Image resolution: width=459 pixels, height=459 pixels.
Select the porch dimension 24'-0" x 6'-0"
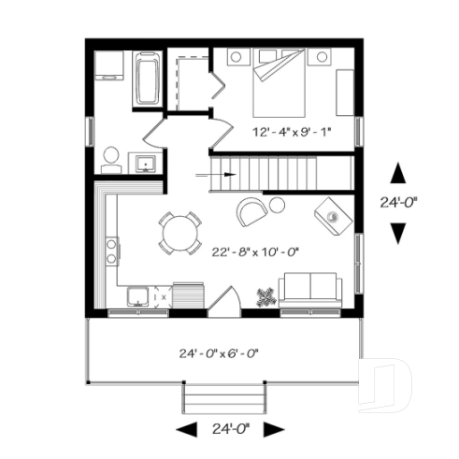(218, 353)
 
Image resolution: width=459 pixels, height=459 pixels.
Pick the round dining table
(179, 233)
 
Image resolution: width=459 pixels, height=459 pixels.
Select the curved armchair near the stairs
(251, 211)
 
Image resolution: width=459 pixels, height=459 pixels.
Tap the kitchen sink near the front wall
(136, 298)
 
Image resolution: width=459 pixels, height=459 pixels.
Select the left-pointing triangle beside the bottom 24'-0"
(187, 429)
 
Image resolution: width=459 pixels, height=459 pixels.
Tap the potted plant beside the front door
(265, 297)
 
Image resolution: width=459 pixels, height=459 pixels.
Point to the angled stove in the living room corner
(334, 215)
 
